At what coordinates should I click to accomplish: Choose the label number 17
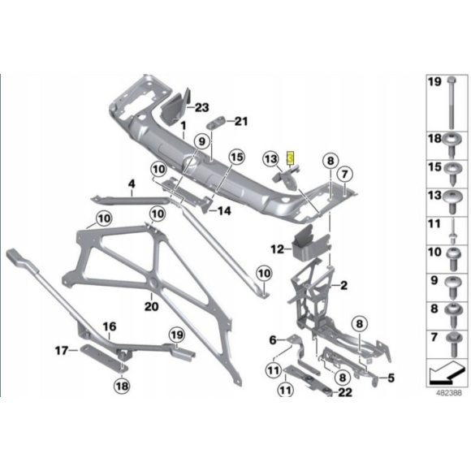coord(273,339)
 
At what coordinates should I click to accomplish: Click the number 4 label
coord(131,186)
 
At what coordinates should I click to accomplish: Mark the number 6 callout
coord(273,339)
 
